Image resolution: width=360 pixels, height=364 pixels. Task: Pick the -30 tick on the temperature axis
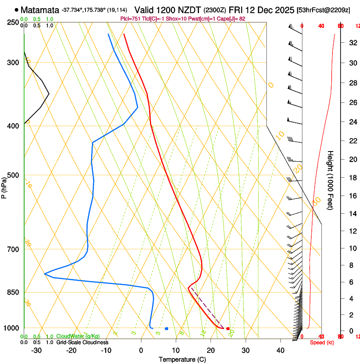pyautogui.click(x=36, y=350)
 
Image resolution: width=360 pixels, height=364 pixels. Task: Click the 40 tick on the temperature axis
pyautogui.click(x=280, y=350)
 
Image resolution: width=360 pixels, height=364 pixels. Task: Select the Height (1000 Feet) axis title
pyautogui.click(x=331, y=180)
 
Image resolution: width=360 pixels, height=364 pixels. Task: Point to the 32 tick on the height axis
pyautogui.click(x=352, y=43)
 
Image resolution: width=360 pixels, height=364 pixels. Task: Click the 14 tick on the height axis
pyautogui.click(x=352, y=213)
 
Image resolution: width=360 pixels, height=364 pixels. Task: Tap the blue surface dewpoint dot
pyautogui.click(x=166, y=328)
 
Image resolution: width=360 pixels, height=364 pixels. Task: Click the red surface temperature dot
pyautogui.click(x=228, y=328)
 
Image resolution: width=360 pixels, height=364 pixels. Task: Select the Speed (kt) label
pyautogui.click(x=322, y=342)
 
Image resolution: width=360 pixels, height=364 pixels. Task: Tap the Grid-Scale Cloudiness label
pyautogui.click(x=82, y=342)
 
